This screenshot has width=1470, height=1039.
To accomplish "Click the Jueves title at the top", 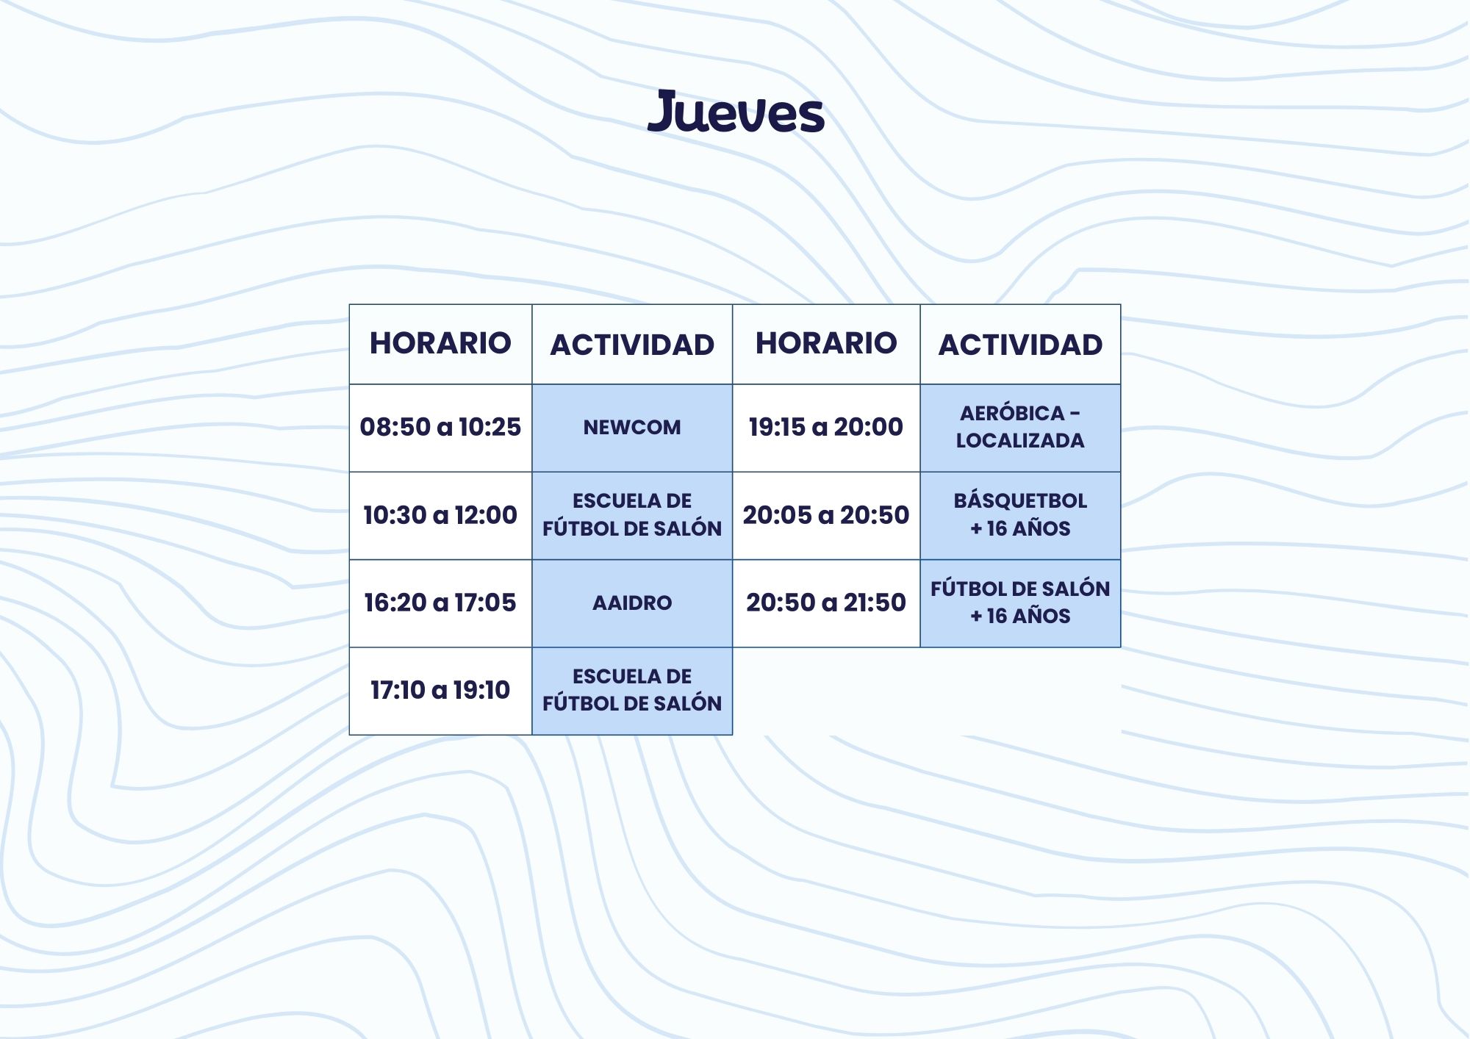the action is pos(736,112).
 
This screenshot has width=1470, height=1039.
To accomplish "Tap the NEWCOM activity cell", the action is pos(632,428).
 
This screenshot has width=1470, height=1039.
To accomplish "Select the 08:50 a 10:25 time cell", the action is pos(440,428).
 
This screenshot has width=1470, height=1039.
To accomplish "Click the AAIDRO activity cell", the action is pos(632,603).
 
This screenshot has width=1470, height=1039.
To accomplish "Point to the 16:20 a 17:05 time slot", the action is pos(440,603).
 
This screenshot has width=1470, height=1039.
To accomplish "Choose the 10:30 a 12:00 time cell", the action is pos(440,516).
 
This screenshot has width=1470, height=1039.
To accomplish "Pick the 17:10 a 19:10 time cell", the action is pos(440,691).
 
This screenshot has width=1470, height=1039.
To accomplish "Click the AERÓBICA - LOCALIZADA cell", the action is pos(1020,428).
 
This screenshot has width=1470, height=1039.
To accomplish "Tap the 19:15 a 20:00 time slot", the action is pos(826,428).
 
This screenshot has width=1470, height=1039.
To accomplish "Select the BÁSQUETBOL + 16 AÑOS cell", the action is pos(1020,516).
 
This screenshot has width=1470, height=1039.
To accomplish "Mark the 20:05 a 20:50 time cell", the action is pos(826,516).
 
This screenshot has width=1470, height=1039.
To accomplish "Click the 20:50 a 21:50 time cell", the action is pos(826,603).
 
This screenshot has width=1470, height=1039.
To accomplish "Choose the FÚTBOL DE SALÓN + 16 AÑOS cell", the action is pos(1020,603).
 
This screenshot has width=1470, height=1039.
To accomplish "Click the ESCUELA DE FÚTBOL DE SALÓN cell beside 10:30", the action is pos(632,516).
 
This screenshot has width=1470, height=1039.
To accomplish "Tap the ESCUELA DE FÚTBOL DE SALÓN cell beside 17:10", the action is pos(632,691).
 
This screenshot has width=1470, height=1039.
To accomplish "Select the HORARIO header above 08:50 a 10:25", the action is pos(440,343).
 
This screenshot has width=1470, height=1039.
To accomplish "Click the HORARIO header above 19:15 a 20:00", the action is pos(826,343).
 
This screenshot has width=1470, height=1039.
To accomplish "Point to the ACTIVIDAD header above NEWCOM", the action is pos(632,345).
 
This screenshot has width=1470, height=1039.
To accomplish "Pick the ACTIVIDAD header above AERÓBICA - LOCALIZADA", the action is pos(1020,345).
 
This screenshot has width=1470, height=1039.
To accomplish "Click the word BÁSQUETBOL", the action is pos(1020,500).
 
